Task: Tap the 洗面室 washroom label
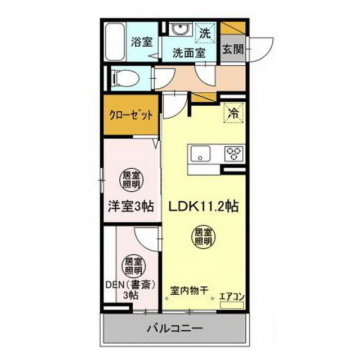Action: [188, 53]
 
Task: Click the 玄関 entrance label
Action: [232, 49]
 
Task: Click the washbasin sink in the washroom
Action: [180, 29]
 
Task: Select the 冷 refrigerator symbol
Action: [232, 112]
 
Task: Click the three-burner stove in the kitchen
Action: [233, 152]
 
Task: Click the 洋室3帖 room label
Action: [130, 206]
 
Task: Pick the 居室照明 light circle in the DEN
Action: [132, 265]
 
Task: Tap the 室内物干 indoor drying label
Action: [190, 291]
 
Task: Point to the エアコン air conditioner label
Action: [230, 296]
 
